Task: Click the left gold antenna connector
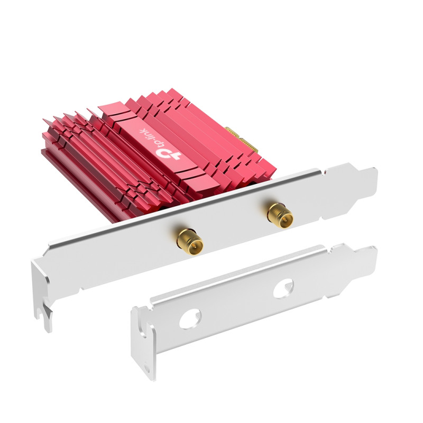click(190, 242)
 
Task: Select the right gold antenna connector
click(280, 215)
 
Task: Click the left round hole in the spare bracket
click(190, 319)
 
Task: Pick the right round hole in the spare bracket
click(283, 288)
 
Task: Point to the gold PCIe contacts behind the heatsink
click(242, 140)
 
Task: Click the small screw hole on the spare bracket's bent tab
click(146, 368)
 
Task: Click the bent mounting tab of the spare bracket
click(143, 343)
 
